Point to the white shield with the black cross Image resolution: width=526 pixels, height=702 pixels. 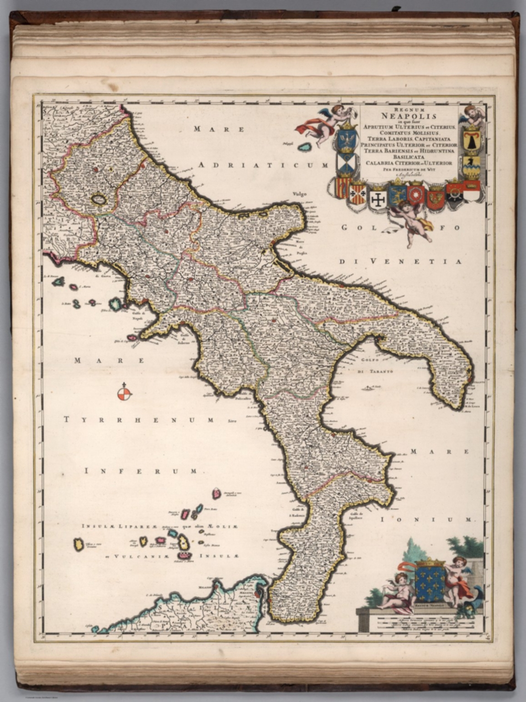click(x=378, y=198)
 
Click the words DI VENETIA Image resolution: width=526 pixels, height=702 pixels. click(x=400, y=261)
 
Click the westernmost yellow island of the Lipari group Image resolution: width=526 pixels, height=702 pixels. click(x=79, y=544)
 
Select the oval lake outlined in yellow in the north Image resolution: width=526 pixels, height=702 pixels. click(x=98, y=199)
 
